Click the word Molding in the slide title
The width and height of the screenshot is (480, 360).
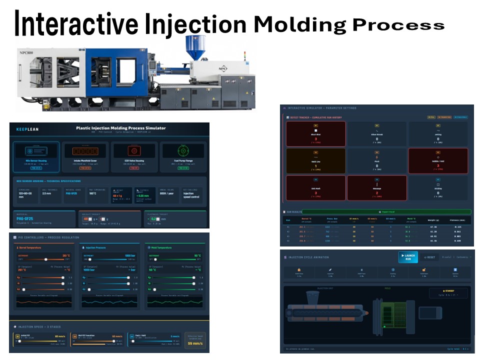(x=299, y=24)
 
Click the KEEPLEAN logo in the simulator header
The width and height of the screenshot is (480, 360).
(x=27, y=129)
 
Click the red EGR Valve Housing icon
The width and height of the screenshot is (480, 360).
(x=134, y=151)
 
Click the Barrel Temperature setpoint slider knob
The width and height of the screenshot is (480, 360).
(x=46, y=259)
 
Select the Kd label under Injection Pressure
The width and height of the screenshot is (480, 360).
(x=84, y=289)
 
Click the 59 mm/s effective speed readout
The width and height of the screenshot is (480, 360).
(x=195, y=343)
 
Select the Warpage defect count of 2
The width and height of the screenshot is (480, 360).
(x=377, y=192)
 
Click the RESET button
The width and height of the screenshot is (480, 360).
(x=429, y=257)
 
